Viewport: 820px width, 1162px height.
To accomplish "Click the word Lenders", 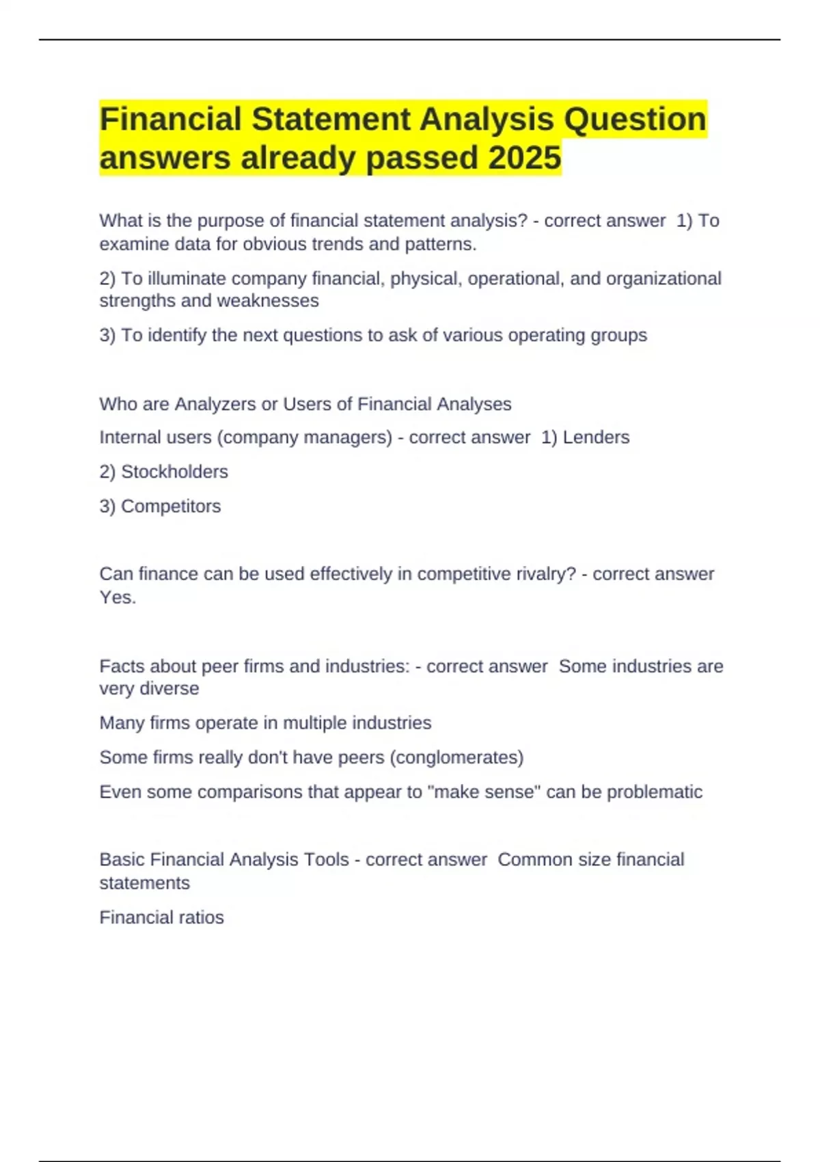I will [596, 437].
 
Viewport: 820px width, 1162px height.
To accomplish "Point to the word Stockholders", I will [174, 472].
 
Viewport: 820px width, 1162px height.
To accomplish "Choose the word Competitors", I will [171, 506].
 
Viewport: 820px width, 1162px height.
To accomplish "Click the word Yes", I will [116, 597].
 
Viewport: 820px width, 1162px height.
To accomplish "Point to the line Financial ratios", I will [161, 917].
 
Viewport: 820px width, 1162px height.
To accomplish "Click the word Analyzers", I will [215, 404].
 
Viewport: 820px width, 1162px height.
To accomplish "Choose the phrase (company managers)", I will [305, 437].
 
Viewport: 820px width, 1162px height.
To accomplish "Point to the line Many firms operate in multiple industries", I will [265, 723].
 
